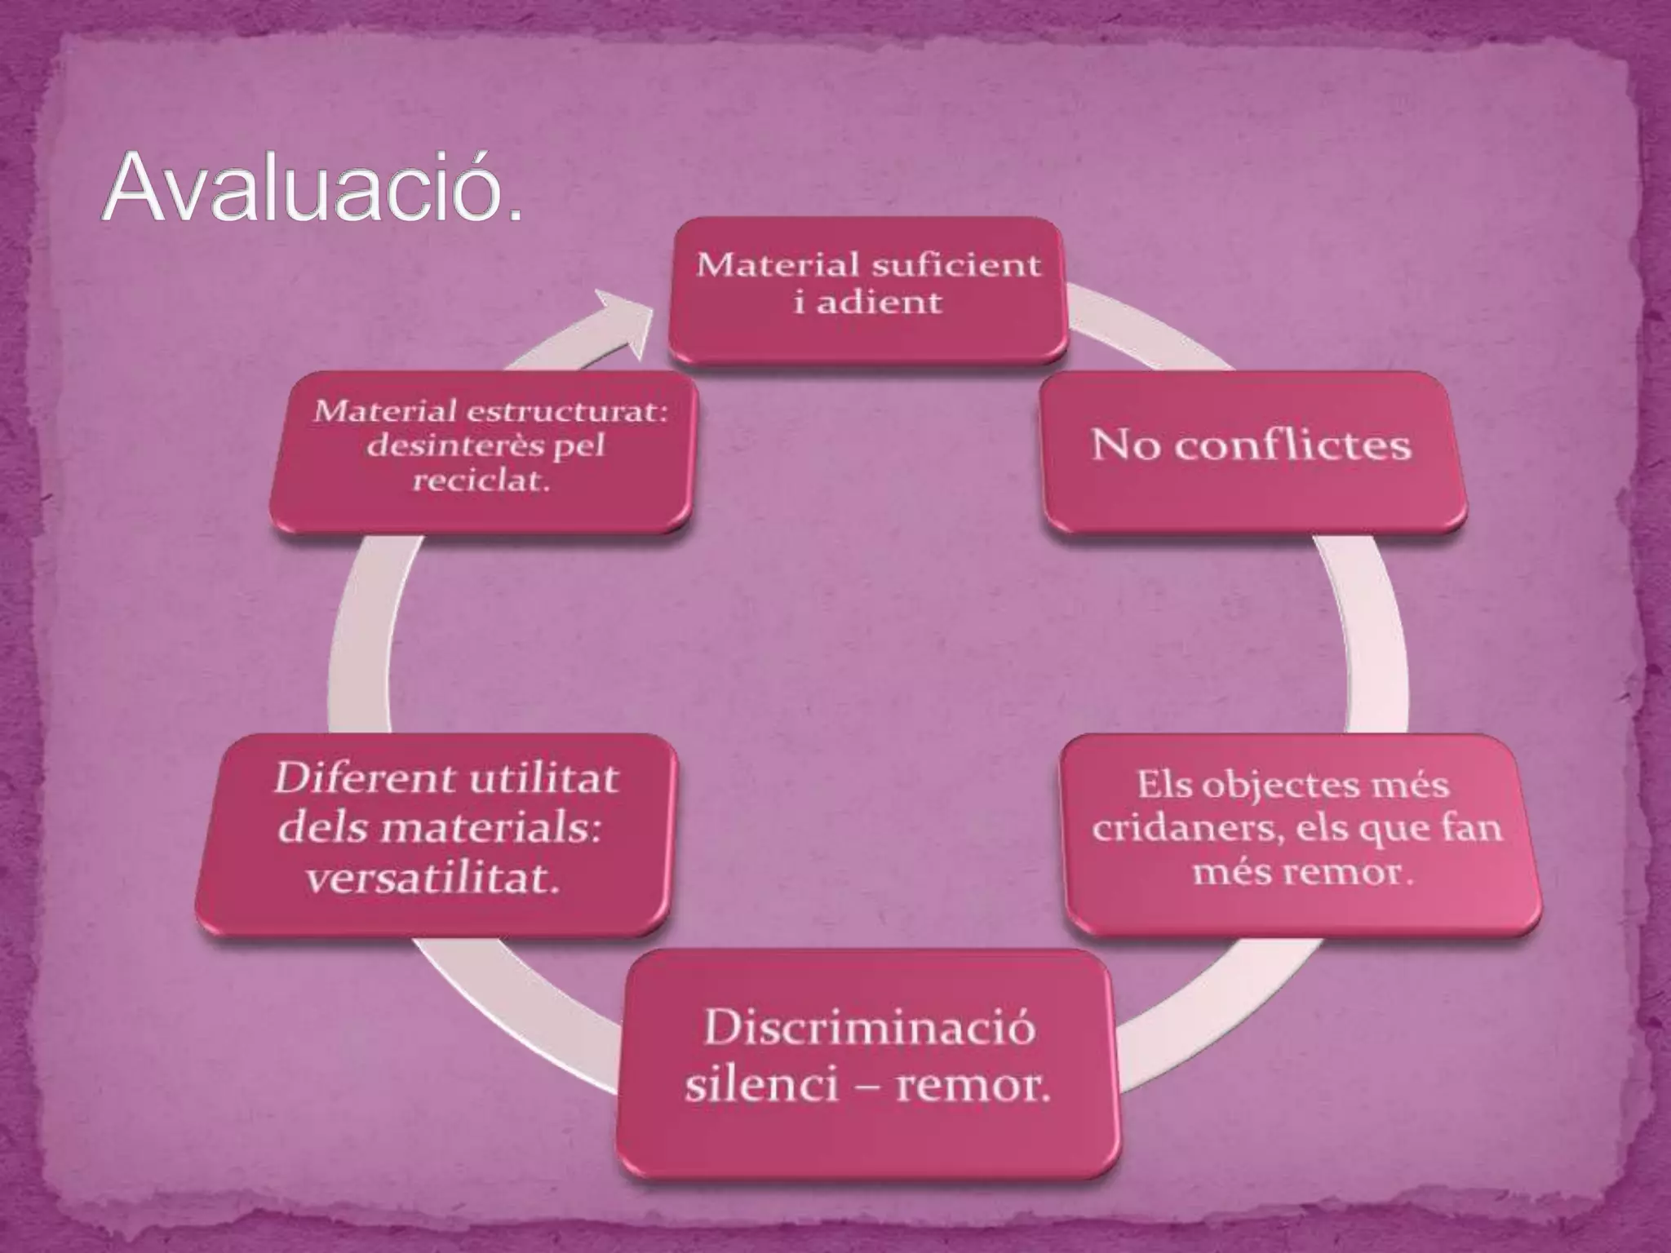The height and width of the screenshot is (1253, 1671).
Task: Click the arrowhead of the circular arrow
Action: tap(624, 321)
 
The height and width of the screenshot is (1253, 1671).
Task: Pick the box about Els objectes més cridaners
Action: tap(1300, 834)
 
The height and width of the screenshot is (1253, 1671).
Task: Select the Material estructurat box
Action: tap(481, 451)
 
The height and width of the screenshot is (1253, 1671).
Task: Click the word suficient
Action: tap(956, 265)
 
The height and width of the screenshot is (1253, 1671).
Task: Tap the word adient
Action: tap(880, 303)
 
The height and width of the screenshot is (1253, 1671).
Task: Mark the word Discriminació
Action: tap(869, 1028)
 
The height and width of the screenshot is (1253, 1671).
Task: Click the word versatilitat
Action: tap(432, 879)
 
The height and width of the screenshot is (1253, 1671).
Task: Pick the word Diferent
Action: tap(355, 779)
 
